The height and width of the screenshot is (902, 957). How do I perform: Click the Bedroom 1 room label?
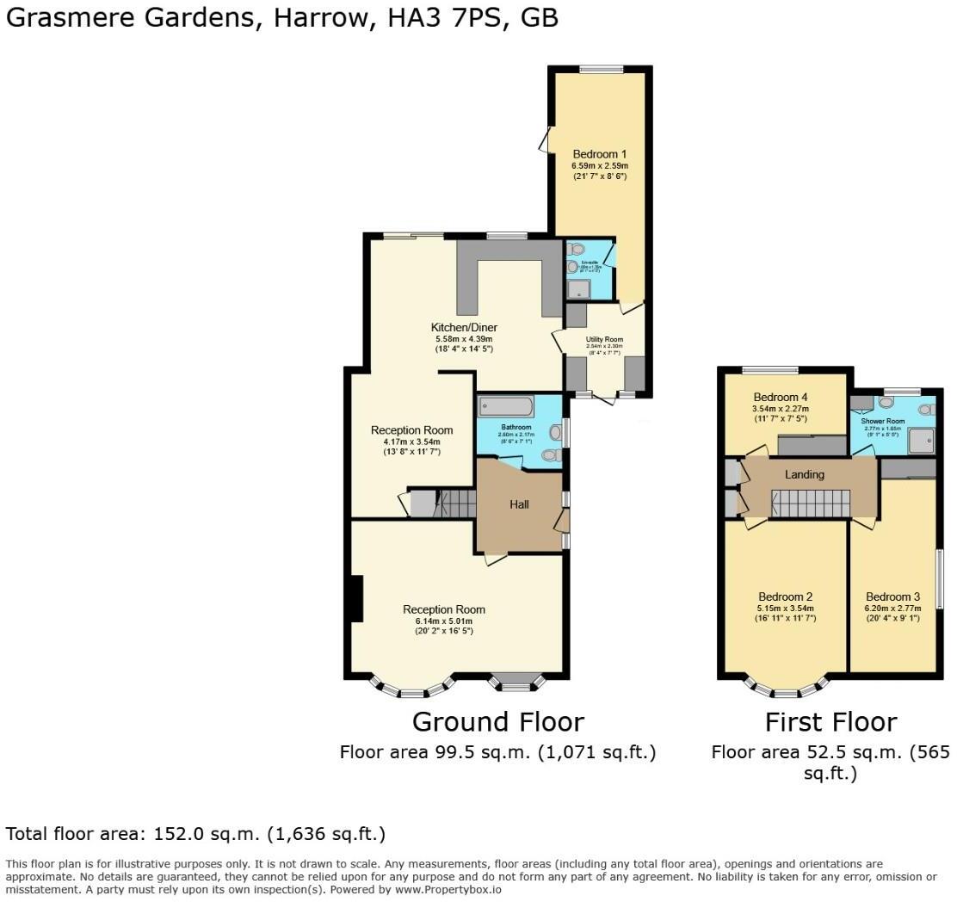[x=599, y=154]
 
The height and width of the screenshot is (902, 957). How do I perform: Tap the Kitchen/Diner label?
[x=464, y=327]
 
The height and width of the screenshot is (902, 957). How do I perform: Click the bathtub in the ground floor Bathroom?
[x=506, y=406]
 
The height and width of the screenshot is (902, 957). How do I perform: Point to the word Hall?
[x=519, y=504]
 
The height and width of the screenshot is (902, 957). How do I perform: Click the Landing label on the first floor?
[x=804, y=474]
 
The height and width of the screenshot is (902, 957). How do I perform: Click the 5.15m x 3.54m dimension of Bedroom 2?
[x=785, y=608]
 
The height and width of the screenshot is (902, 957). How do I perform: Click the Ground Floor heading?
[x=497, y=721]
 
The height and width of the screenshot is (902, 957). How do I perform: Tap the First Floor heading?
[x=830, y=721]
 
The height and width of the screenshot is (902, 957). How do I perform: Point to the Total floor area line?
[x=195, y=834]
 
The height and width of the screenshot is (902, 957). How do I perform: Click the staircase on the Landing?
[x=809, y=503]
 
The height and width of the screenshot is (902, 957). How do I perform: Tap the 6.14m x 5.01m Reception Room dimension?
[x=443, y=621]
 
